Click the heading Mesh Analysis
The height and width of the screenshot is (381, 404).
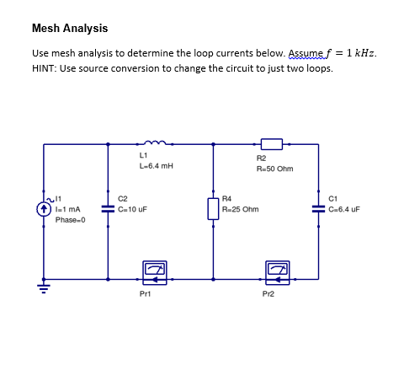coord(69,29)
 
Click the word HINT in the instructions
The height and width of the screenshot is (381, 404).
coord(44,68)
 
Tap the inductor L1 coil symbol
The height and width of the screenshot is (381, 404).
coord(157,142)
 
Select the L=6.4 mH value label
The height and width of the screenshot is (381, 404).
coord(156,166)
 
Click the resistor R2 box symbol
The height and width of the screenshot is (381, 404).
coord(271,144)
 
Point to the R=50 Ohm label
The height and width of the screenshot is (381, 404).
coord(274,169)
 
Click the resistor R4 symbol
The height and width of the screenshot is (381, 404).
coord(212,207)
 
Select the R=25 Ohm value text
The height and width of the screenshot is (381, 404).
coord(240,208)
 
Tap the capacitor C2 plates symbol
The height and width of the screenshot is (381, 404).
coord(107,207)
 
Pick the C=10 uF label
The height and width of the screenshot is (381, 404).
coord(134,208)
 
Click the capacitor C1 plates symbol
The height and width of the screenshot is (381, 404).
coord(318,207)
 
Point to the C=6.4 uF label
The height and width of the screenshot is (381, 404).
coord(344,208)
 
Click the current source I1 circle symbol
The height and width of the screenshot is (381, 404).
coord(43,207)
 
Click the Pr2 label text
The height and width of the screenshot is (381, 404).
coord(268,293)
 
